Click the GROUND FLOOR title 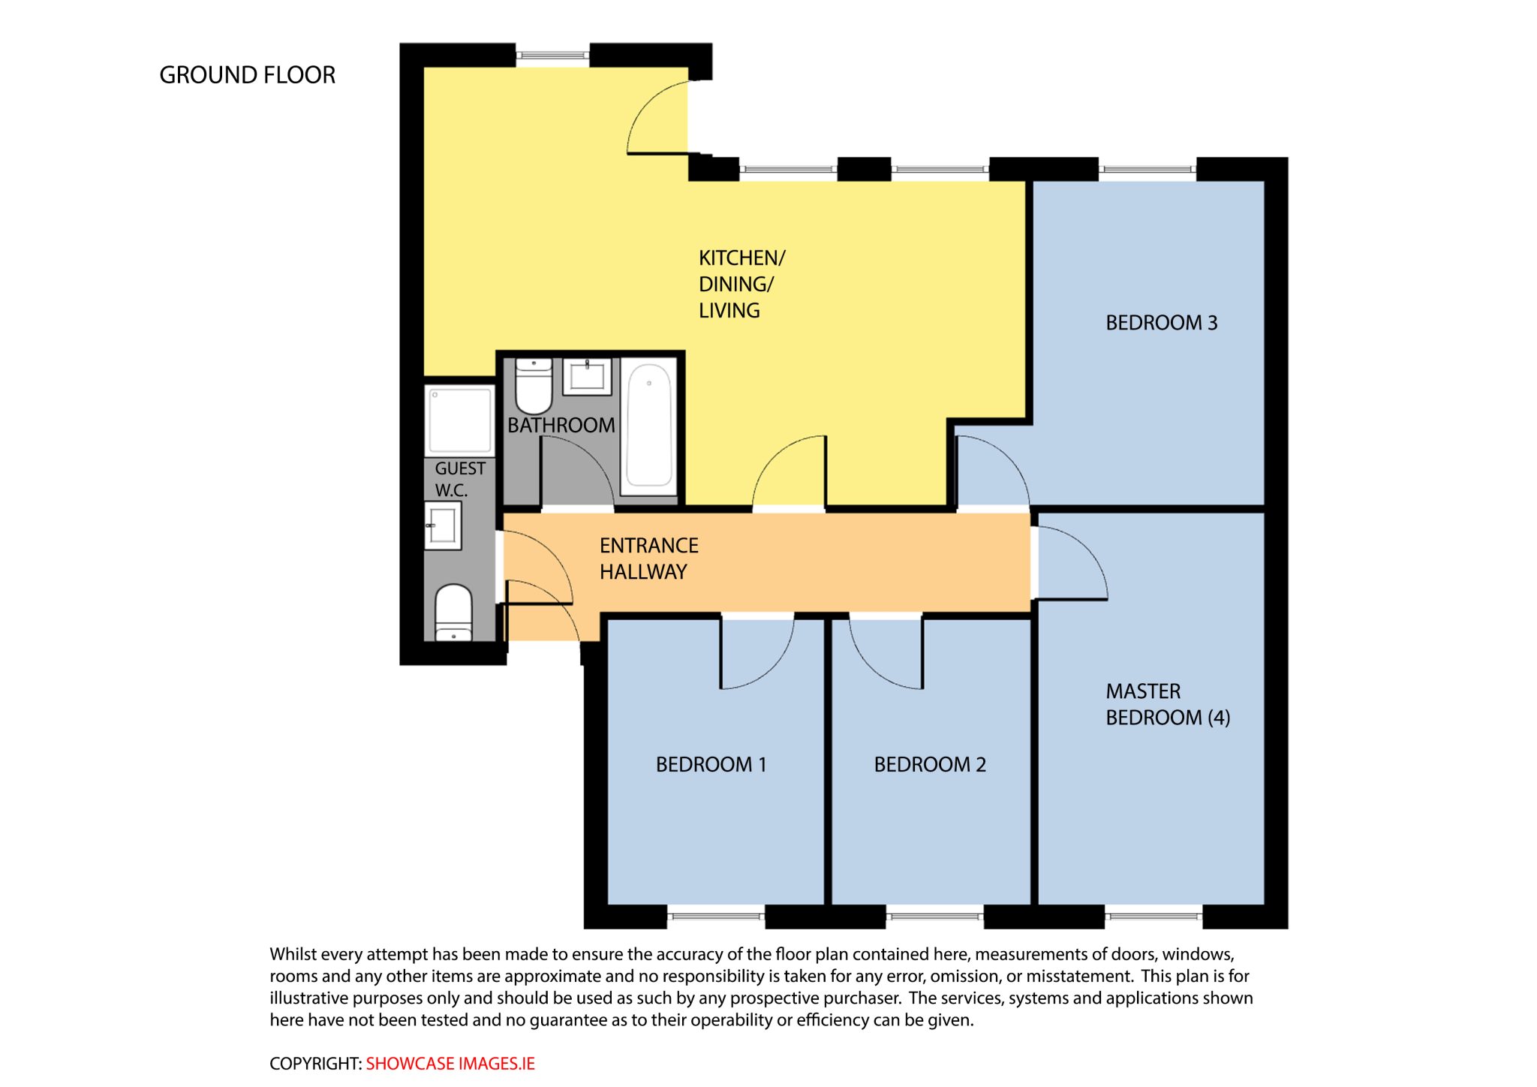click(247, 75)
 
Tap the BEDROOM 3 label click(1161, 323)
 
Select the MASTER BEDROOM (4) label click(1168, 704)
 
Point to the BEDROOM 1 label click(711, 764)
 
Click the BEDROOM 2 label click(930, 764)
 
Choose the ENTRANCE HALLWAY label click(648, 559)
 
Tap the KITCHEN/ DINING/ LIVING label click(741, 284)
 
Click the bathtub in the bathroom click(649, 425)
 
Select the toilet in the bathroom click(534, 385)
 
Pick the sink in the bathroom click(587, 375)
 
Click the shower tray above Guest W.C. click(460, 420)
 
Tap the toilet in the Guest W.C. click(453, 613)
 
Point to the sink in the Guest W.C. click(443, 525)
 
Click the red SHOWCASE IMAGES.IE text click(450, 1064)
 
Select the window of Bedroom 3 click(1147, 170)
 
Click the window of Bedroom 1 click(715, 917)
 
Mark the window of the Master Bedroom click(1154, 917)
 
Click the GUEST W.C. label click(459, 479)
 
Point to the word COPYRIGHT click(316, 1064)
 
